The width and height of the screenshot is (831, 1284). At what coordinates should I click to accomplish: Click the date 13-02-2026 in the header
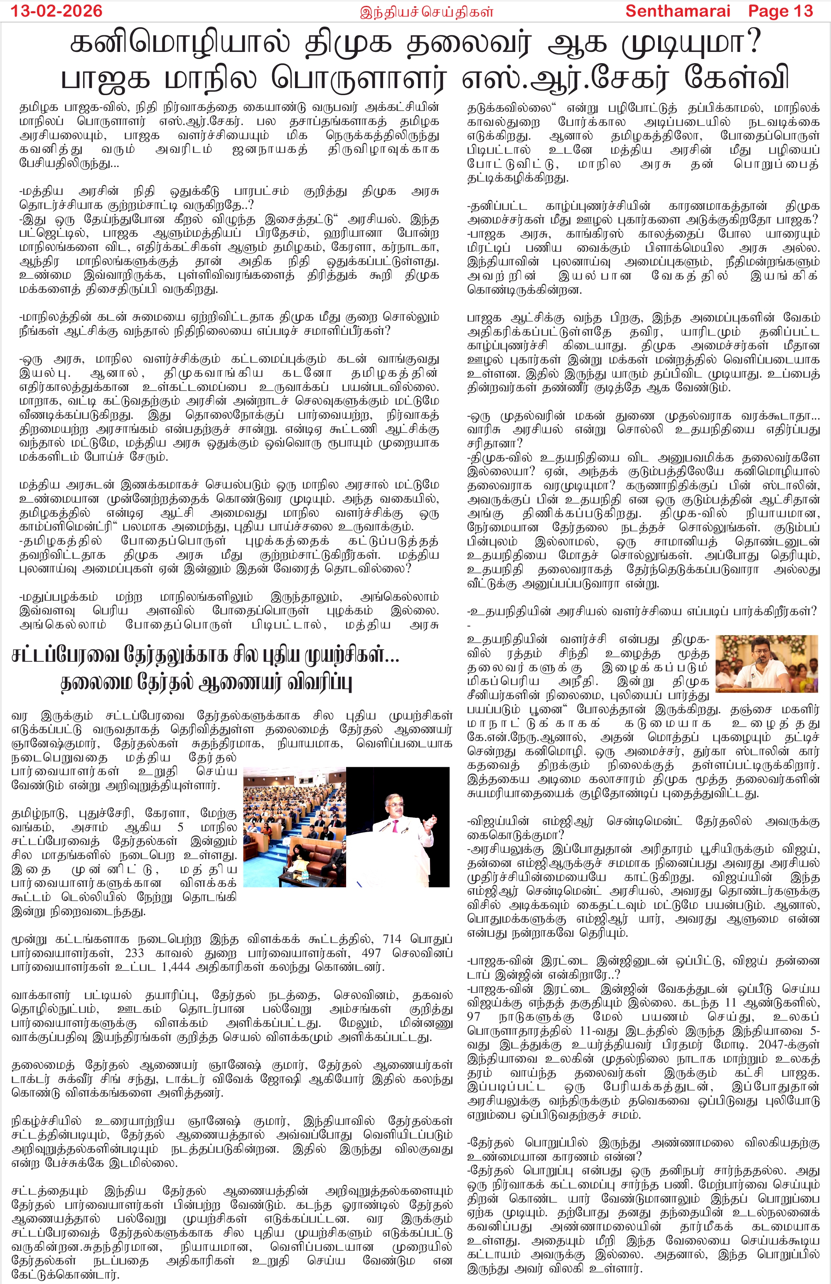coord(57,11)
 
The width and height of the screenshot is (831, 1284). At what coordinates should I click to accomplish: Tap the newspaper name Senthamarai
coord(677,11)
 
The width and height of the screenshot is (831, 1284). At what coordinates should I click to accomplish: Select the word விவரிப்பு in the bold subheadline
coord(318,683)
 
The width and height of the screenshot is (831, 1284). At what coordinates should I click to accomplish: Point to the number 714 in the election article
coord(392,939)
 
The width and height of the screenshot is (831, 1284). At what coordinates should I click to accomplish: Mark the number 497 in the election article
coord(374,953)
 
